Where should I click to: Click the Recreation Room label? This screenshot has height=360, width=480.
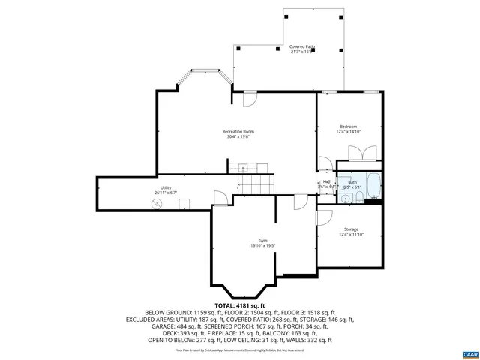[238, 132]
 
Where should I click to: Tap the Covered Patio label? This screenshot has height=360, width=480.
[302, 46]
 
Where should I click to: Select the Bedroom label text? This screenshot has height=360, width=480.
[348, 127]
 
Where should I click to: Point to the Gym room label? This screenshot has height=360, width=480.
[262, 241]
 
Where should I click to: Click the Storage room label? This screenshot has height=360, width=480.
[351, 229]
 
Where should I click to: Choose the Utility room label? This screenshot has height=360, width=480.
[165, 187]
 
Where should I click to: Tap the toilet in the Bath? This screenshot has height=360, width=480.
[359, 197]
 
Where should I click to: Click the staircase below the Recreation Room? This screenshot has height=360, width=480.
[256, 184]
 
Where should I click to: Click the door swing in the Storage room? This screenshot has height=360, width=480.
[324, 216]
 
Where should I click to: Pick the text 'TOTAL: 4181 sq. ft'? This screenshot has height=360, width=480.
[239, 306]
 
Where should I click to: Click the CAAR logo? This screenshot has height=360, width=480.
[469, 352]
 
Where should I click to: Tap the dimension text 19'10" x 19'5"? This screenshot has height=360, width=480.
[262, 246]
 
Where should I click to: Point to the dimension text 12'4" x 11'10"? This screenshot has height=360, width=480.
[351, 235]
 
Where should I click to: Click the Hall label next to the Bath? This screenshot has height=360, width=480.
[326, 181]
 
